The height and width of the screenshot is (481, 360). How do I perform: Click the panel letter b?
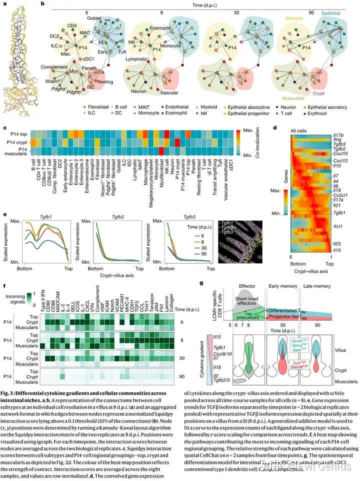(x=43, y=3)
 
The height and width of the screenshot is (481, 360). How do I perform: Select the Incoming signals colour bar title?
(x=18, y=296)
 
